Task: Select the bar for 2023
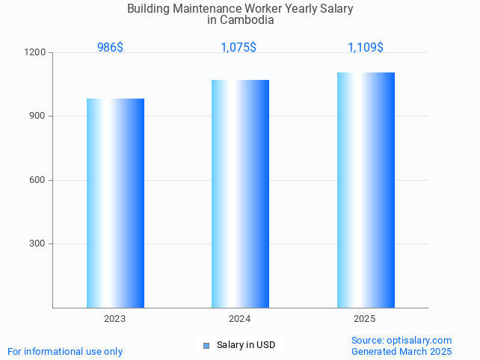[x=115, y=202]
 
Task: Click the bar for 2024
[x=240, y=193]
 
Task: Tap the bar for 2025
[x=366, y=190]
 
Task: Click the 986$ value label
[x=110, y=48]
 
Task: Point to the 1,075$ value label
[x=239, y=48]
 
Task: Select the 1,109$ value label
[x=366, y=48]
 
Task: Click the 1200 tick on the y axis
[x=36, y=53]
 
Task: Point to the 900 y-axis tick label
[x=38, y=117]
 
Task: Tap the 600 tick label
[x=38, y=180]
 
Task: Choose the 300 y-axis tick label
[x=38, y=244]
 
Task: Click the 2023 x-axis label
[x=114, y=319]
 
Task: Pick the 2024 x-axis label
[x=239, y=319]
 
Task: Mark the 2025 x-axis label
[x=365, y=319]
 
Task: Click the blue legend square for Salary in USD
[x=206, y=345]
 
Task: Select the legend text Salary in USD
[x=246, y=345]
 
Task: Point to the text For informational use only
[x=65, y=352]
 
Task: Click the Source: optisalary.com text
[x=401, y=341]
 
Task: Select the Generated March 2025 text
[x=401, y=352]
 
